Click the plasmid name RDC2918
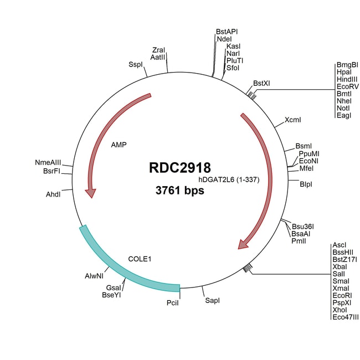pos(179,167)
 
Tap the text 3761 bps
pos(179,191)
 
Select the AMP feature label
pos(119,145)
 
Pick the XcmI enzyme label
pos(293,120)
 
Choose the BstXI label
pos(261,83)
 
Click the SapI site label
pos(212,301)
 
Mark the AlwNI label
pos(94,275)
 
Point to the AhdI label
pos(54,194)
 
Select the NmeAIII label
pos(48,162)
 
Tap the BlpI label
pos(306,183)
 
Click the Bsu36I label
pos(303,226)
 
